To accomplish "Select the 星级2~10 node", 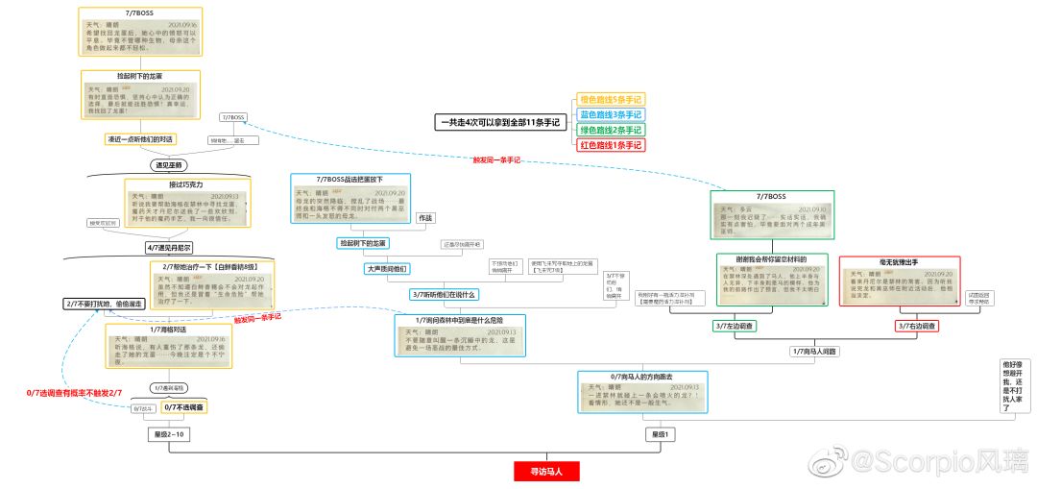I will click(170, 435).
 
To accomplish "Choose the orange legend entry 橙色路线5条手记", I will click(611, 99).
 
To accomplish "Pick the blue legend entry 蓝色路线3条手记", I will click(611, 114).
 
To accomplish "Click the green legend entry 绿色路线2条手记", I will click(611, 130).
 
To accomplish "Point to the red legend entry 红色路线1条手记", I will click(611, 145).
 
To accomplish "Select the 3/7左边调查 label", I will click(735, 327).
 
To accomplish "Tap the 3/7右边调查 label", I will click(916, 327).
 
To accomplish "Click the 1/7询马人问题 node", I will click(814, 352).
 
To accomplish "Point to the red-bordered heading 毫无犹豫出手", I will click(900, 261).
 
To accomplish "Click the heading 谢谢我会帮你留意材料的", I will click(772, 259).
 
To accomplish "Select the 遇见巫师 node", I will click(168, 164).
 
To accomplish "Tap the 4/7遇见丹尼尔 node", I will click(170, 247).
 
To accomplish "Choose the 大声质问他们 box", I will click(387, 269).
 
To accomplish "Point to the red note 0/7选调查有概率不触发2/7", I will click(74, 392).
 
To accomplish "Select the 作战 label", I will click(426, 218).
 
